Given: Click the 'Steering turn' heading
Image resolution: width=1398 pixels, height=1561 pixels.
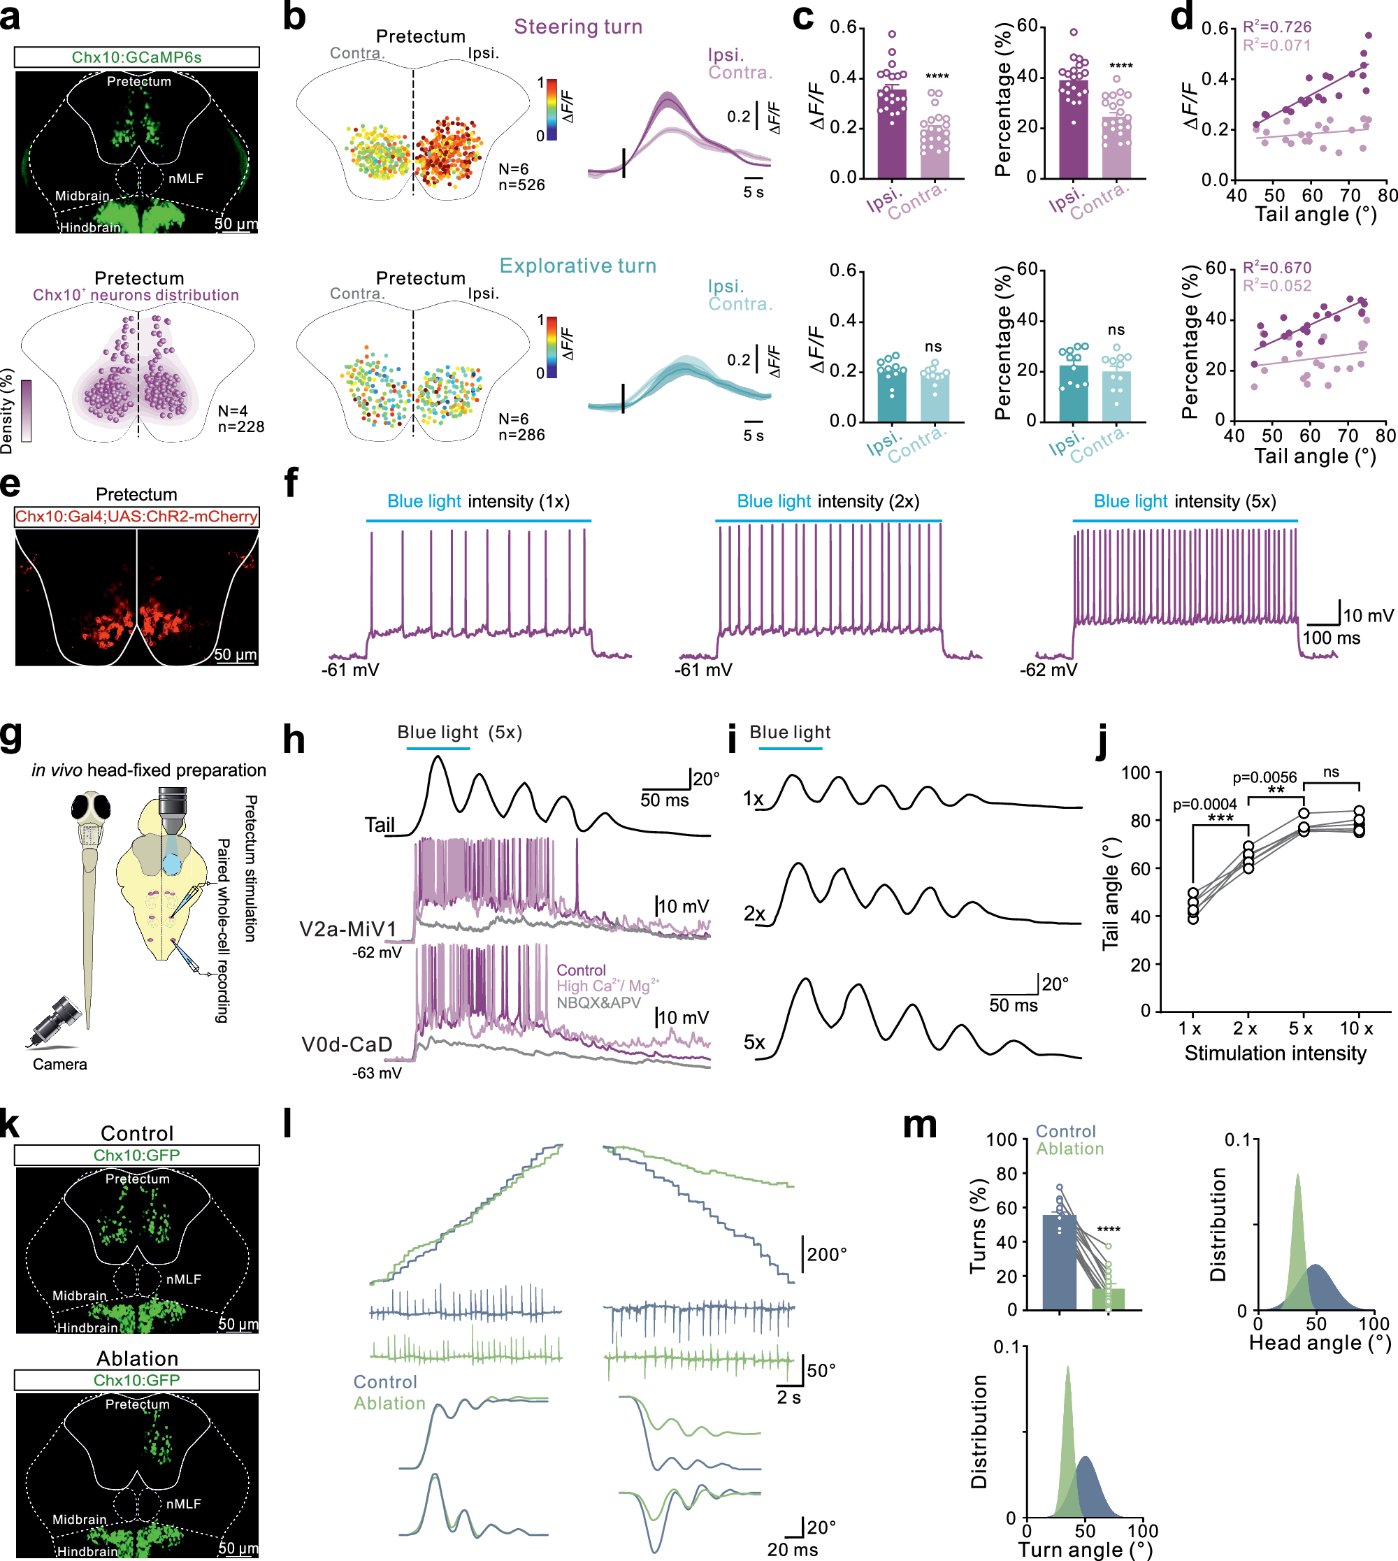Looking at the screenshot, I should pos(577,27).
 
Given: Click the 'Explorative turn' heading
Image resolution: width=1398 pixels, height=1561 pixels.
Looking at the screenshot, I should pos(577,266).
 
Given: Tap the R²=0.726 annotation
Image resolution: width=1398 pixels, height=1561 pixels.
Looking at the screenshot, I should pos(1276,27).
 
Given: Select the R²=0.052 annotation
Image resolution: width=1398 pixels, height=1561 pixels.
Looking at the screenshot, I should pos(1276,286).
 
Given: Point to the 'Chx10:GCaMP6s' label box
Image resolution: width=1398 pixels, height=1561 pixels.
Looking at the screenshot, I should pos(137,57).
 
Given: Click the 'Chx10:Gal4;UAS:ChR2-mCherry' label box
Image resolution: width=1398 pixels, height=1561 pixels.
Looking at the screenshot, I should pos(137,516).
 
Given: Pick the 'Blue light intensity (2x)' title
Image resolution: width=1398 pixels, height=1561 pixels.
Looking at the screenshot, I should pos(828,502).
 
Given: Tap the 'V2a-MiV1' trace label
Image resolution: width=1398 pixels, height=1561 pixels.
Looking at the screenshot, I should pos(347,930).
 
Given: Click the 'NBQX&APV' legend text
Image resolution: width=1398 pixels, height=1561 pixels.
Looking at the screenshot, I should pos(598,1002).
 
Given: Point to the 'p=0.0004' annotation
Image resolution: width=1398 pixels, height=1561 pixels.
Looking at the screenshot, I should pos(1204,805).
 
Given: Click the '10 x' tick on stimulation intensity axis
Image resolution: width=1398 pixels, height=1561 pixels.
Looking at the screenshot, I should pos(1357,1028).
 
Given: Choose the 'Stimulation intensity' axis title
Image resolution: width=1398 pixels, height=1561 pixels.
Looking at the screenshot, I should pos(1275,1053).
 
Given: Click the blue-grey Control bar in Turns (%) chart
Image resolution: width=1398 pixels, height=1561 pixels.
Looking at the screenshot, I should pos(1059,1263).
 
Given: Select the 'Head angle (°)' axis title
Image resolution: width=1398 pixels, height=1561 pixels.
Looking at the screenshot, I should pos(1320,1343).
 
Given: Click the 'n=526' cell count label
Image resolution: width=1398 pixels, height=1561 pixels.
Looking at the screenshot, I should pos(521,185).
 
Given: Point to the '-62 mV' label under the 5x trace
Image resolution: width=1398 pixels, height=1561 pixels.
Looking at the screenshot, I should pos(1048,670).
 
